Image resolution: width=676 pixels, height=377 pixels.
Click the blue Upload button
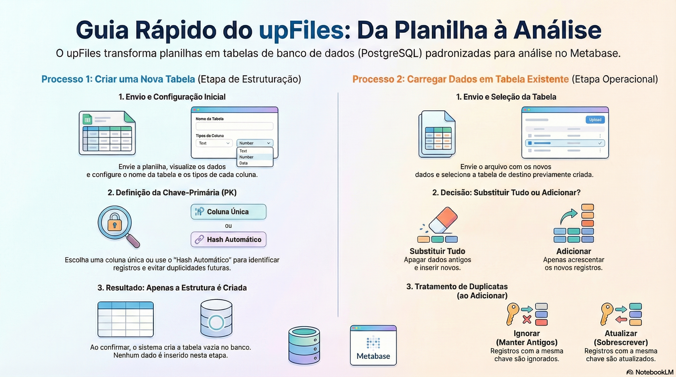[x=595, y=120]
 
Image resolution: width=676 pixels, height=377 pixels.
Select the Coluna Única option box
[x=228, y=212]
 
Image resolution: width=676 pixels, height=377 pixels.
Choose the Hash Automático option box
[x=228, y=239]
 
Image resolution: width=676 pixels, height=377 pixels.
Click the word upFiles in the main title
[x=301, y=30]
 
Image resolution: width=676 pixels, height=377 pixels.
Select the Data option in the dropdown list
[x=243, y=163]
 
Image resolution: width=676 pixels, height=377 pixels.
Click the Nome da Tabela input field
[x=234, y=126]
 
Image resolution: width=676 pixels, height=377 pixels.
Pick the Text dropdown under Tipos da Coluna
[x=214, y=143]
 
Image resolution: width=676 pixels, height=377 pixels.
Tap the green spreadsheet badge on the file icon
[x=87, y=120]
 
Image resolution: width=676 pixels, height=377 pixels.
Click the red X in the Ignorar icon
[x=527, y=319]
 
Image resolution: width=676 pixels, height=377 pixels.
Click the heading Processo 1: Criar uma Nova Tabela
[x=118, y=79]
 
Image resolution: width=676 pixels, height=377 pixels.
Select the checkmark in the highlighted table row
[x=600, y=143]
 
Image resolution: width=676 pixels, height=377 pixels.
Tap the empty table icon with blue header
[x=126, y=319]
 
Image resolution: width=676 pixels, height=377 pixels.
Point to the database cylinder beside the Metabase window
[x=304, y=346]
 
